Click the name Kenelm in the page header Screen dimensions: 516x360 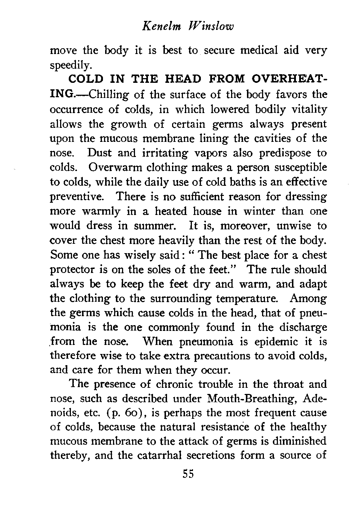pyautogui.click(x=157, y=27)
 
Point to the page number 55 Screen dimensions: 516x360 pyautogui.click(x=187, y=474)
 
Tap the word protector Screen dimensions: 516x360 pyautogui.click(x=74, y=270)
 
